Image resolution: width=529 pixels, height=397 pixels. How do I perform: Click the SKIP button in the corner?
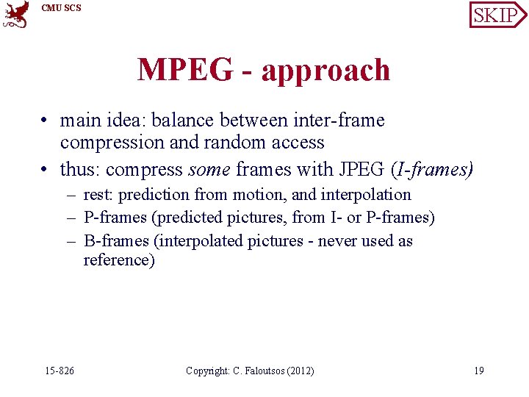point(497,14)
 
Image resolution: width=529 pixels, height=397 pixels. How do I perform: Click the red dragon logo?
point(16,14)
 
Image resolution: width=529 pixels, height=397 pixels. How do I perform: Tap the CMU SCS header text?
point(62,8)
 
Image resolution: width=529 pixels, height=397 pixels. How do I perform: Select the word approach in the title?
point(325,71)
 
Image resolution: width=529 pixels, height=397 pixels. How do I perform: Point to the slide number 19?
point(478,371)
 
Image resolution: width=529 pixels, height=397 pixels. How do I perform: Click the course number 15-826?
point(60,371)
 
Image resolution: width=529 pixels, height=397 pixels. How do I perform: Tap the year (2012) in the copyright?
point(298,371)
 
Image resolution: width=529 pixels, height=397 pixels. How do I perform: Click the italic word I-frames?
point(433,171)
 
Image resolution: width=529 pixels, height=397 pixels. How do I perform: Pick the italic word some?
point(209,171)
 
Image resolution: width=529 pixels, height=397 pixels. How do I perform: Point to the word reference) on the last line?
point(119,260)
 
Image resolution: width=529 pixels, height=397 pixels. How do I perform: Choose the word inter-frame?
point(341,120)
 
